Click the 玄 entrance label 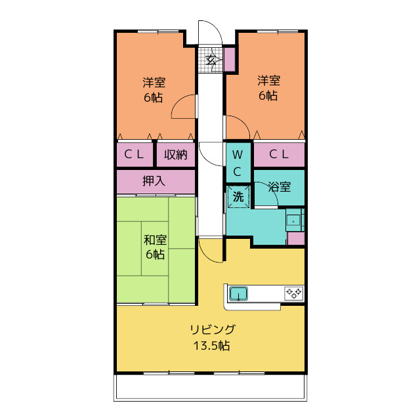[211, 60]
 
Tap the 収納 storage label [176, 156]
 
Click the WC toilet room [238, 163]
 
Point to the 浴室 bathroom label [280, 187]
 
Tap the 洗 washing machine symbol [238, 196]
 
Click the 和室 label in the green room [155, 240]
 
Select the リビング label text [212, 329]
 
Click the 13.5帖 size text [211, 346]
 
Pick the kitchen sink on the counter [238, 293]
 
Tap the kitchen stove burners [293, 293]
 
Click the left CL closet [135, 156]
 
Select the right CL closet [279, 155]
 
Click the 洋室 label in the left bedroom [155, 83]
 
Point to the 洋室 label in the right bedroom [268, 81]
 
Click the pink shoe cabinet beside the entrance [229, 60]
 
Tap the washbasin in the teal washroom [293, 220]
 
